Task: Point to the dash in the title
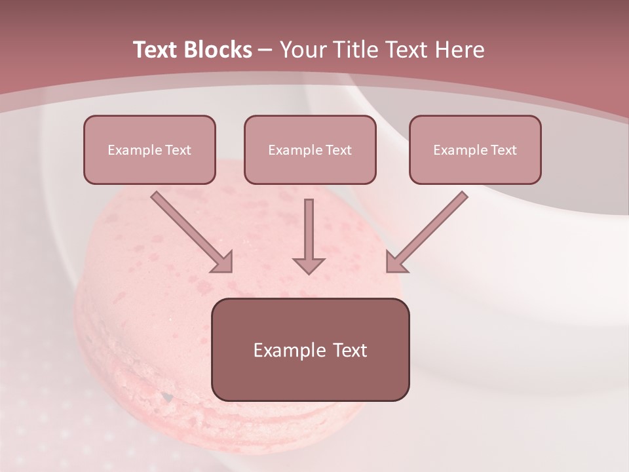[265, 50]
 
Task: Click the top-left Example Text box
[149, 149]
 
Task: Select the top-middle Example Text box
[310, 149]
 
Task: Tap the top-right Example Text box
[475, 149]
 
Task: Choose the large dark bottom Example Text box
[310, 349]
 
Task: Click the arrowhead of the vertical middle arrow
[309, 265]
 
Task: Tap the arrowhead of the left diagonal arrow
[223, 262]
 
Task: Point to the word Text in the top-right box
[503, 150]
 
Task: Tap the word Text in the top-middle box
[338, 150]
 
